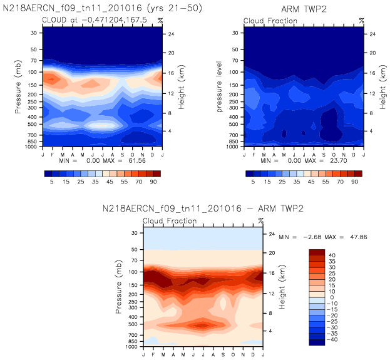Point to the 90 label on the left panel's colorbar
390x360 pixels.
(155, 182)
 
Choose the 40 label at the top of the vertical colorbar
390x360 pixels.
(332, 255)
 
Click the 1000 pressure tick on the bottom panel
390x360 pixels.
(132, 346)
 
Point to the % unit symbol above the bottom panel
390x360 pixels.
(262, 220)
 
